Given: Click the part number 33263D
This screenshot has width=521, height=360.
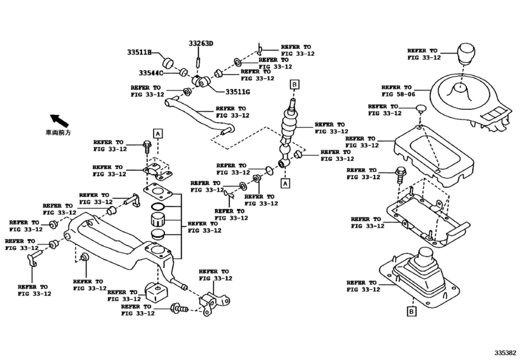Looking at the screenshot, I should (200, 44).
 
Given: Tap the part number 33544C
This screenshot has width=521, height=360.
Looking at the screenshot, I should (150, 73).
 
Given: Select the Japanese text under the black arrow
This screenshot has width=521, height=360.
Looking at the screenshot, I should (58, 132).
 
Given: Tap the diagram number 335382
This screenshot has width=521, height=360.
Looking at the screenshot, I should (506, 353).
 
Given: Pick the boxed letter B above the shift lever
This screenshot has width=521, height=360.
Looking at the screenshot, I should (294, 84).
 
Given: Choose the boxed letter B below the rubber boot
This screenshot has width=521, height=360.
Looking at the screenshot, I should (411, 312).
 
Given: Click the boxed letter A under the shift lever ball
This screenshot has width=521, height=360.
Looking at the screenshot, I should (285, 183).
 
